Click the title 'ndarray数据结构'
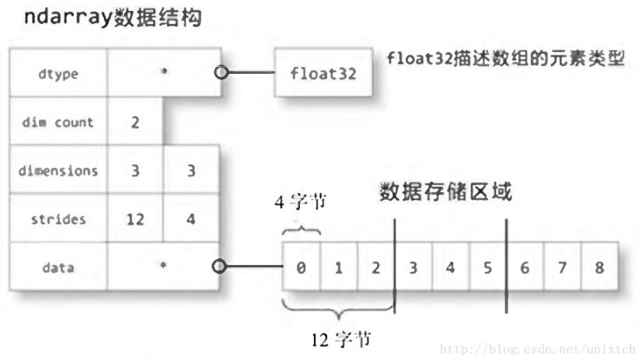tap(106, 18)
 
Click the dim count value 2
tap(134, 122)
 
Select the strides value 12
tap(134, 219)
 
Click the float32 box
tap(318, 75)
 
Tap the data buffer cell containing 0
tap(301, 267)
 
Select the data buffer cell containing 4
tap(450, 267)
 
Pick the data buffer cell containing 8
tap(598, 267)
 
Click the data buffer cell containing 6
tap(525, 267)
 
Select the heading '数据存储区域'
tap(445, 191)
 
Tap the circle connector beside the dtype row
tap(221, 75)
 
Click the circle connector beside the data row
tap(221, 267)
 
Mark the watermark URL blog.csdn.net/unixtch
tap(539, 348)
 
